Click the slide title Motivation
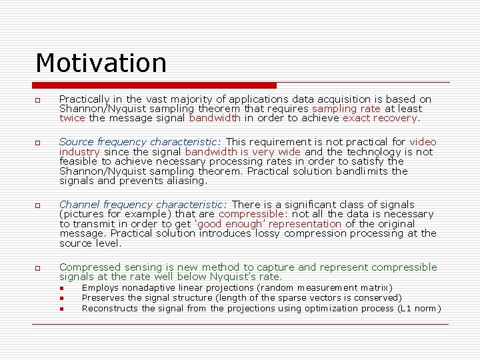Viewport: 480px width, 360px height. point(101,63)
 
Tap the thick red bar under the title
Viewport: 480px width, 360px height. point(155,85)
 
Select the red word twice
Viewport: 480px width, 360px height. point(72,118)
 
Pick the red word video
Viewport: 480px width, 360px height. point(423,142)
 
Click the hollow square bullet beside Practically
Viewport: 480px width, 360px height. point(39,100)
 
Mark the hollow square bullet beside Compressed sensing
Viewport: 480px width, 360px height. point(39,268)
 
